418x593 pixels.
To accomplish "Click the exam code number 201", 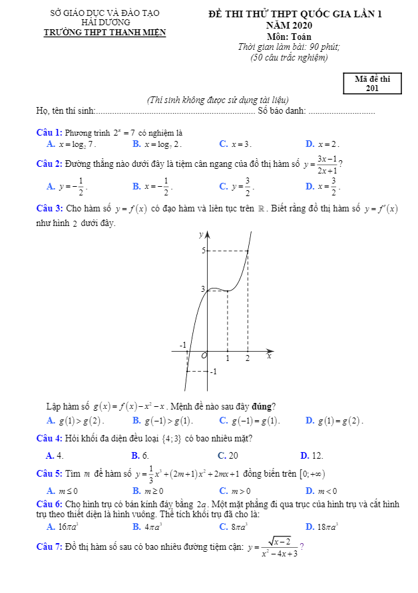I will (x=372, y=88).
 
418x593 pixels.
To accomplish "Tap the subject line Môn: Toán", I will (x=288, y=37).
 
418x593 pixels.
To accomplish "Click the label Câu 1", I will (x=49, y=132).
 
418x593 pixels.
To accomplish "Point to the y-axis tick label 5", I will (x=203, y=251).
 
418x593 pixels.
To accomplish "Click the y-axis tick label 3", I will (x=203, y=289).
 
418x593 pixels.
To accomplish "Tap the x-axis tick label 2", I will (x=248, y=359).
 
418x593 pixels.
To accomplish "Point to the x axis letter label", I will (x=270, y=356).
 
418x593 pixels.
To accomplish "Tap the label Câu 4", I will (x=49, y=438).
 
